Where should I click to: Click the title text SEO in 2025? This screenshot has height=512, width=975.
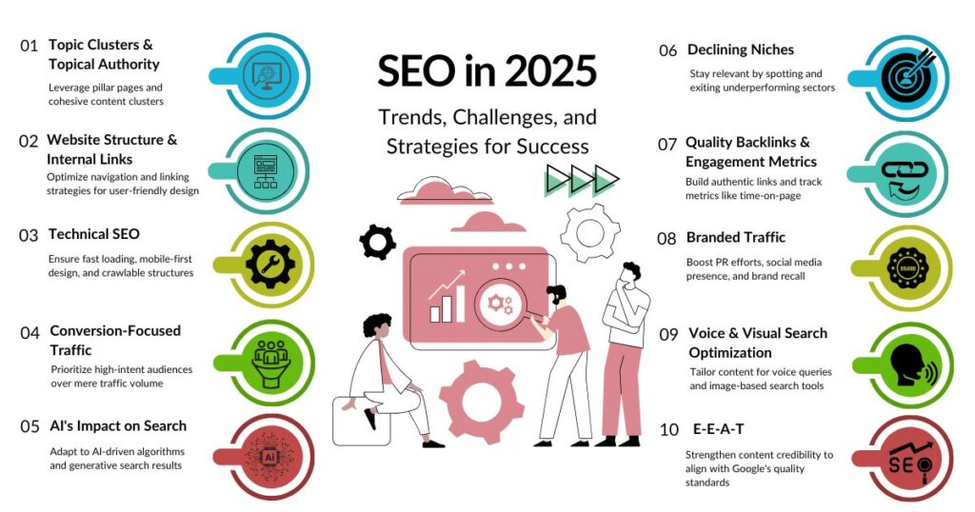point(487,71)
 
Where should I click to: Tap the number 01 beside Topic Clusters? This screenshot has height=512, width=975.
point(30,46)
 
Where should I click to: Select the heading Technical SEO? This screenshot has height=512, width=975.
point(93,234)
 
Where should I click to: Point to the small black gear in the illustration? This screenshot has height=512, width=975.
point(377,242)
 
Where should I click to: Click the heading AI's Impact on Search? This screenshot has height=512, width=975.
point(118,425)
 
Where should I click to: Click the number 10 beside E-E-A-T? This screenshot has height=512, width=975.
point(668,431)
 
